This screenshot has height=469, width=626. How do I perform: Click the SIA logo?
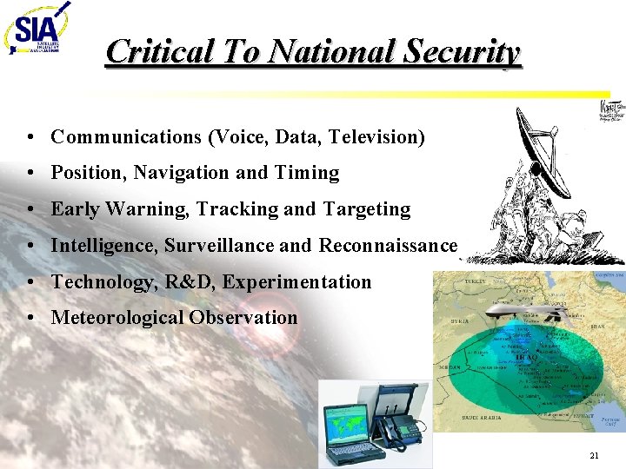pyautogui.click(x=37, y=31)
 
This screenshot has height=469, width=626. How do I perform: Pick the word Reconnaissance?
pyautogui.click(x=388, y=246)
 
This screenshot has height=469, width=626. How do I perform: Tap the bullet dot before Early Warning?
pyautogui.click(x=30, y=210)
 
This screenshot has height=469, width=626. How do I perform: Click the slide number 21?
pyautogui.click(x=594, y=455)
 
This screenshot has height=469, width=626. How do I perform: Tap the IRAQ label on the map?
pyautogui.click(x=528, y=357)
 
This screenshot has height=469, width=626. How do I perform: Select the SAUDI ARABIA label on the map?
pyautogui.click(x=481, y=418)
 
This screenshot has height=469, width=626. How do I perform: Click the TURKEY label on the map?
pyautogui.click(x=475, y=282)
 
